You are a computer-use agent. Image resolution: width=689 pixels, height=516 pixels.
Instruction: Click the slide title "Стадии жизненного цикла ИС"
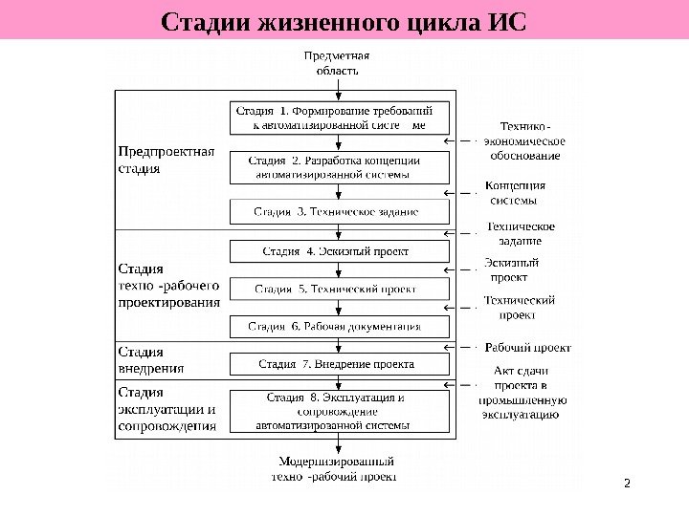coord(344,21)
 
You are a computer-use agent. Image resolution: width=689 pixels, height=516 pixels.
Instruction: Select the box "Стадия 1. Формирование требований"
coord(339,118)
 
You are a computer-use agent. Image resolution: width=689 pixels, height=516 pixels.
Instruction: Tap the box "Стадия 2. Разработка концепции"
coord(339,167)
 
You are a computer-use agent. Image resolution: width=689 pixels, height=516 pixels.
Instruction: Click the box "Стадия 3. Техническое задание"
coord(339,211)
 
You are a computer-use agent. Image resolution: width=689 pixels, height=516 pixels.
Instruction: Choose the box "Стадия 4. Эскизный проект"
coord(339,251)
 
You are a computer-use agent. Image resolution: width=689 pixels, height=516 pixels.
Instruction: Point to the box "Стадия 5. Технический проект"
coord(339,289)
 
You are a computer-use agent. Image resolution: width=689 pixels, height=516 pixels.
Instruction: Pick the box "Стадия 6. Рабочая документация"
coord(339,326)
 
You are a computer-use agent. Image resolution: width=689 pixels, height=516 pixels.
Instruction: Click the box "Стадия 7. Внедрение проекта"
coord(339,364)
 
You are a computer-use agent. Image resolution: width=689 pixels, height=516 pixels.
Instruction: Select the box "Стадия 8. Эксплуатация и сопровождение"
coord(339,411)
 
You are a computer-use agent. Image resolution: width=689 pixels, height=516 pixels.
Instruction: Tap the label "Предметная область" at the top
coord(337,62)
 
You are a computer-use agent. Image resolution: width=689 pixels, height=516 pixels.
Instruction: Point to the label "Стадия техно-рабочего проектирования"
coord(169,285)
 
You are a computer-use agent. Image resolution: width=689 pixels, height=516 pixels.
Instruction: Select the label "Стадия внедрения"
coord(151,358)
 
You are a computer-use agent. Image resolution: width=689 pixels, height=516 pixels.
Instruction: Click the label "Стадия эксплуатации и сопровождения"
coord(167,409)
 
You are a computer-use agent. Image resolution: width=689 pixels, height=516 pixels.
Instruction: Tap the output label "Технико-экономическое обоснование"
coord(523,140)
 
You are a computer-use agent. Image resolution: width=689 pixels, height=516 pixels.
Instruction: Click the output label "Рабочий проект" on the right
coord(528,347)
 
